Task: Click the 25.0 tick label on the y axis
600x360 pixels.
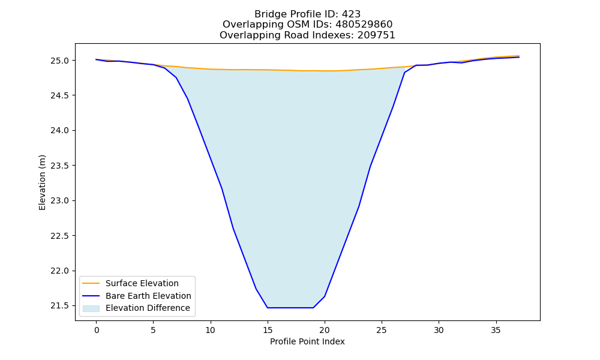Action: tap(59, 61)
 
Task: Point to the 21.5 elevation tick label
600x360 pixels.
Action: tap(59, 305)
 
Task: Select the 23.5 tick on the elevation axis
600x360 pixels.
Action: tap(59, 166)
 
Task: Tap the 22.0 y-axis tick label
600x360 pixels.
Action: tap(59, 271)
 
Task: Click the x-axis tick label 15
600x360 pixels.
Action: tap(268, 330)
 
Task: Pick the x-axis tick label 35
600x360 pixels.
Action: tap(496, 330)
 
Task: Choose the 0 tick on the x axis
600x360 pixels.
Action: tap(97, 330)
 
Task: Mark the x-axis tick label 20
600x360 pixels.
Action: tap(325, 330)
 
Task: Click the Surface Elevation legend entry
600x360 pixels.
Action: tap(142, 283)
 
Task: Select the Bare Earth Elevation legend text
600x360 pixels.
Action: tap(148, 296)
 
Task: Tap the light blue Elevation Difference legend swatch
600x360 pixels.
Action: tap(91, 308)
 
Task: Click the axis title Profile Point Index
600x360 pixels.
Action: tap(307, 341)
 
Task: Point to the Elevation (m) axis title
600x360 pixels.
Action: tap(42, 182)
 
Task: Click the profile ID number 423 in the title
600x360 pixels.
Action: tap(351, 14)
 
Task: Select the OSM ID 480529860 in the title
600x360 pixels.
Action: tap(364, 25)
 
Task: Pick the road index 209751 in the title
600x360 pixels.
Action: tap(376, 35)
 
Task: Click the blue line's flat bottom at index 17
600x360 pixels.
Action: tap(290, 308)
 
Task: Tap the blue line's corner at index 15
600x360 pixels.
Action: tap(268, 308)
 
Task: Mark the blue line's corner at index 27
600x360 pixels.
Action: tap(404, 73)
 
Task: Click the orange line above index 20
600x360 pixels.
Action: tap(325, 71)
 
